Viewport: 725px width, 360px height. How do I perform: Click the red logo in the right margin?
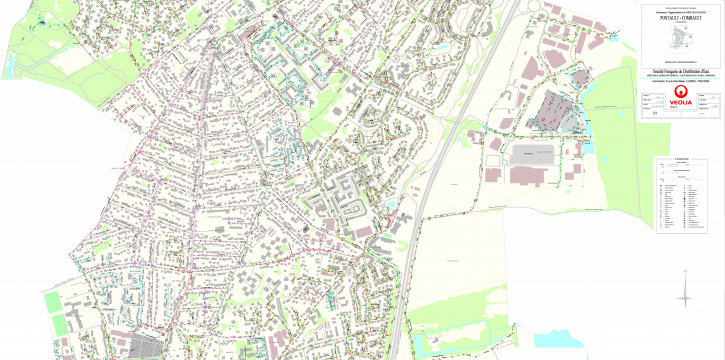[x=682, y=96]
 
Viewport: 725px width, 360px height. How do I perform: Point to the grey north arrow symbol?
[x=684, y=290]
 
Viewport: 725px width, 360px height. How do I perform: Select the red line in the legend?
[x=673, y=165]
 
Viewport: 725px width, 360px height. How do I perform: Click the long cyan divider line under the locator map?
[x=680, y=78]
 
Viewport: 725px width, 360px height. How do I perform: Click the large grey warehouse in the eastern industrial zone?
[x=533, y=154]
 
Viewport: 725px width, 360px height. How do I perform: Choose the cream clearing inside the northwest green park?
[x=75, y=60]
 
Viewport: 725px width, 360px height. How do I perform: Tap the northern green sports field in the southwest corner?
[x=52, y=302]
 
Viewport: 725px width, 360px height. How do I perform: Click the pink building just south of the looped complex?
[x=358, y=231]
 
